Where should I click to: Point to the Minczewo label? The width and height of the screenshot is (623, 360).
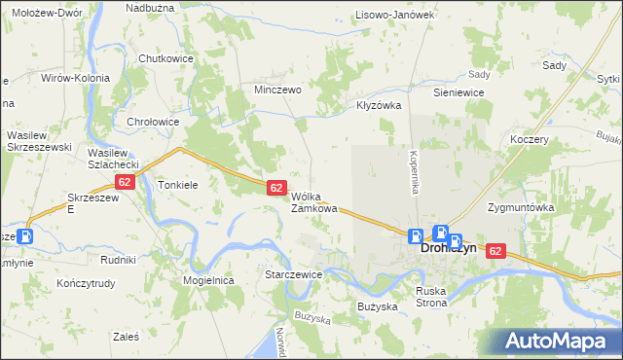(x=277, y=89)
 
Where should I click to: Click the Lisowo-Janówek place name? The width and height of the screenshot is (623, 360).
(x=393, y=15)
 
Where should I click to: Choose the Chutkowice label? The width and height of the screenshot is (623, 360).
(x=166, y=58)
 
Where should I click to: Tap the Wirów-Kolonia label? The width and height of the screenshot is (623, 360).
(x=75, y=78)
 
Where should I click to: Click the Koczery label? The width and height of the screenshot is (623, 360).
(x=530, y=139)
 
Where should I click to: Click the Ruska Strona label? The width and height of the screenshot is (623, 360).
(x=430, y=297)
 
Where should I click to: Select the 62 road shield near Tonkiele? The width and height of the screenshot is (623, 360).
(x=124, y=182)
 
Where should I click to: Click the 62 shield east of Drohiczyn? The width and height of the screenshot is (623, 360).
(x=495, y=251)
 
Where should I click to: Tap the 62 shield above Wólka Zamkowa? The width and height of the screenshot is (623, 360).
(x=276, y=187)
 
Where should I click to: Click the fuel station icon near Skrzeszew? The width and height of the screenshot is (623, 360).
(x=26, y=235)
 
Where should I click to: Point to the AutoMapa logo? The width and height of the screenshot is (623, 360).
(x=560, y=341)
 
